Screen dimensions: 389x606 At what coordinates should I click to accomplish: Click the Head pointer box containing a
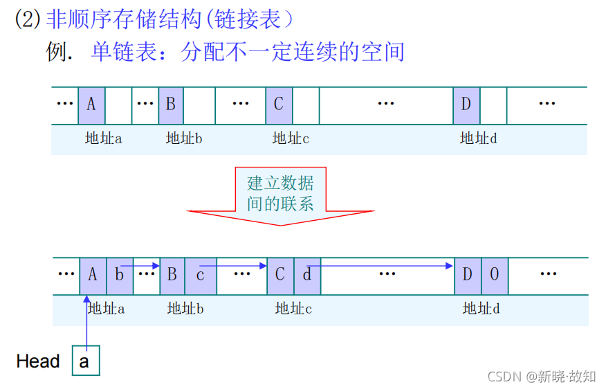tap(86, 361)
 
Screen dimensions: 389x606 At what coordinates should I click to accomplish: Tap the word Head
tap(38, 361)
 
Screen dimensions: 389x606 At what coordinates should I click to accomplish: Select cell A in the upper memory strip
tap(91, 105)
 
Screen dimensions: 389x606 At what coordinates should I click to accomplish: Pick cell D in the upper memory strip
tap(466, 105)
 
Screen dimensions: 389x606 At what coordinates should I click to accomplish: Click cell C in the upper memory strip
tap(279, 105)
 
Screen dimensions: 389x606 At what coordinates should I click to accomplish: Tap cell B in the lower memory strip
tap(172, 273)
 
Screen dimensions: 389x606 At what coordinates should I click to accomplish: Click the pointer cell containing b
tap(119, 273)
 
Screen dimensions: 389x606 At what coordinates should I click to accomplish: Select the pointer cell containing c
tap(201, 273)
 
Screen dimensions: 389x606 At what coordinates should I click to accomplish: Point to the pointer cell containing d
tap(307, 273)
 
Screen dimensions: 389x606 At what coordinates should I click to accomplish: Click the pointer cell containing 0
tap(494, 273)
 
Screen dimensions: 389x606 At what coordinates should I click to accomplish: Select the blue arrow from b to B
tap(141, 265)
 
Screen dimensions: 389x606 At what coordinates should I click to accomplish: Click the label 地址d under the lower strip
tap(481, 308)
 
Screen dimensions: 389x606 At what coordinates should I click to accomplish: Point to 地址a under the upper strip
tap(104, 138)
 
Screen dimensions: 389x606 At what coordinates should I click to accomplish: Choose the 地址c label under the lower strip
tap(293, 308)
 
